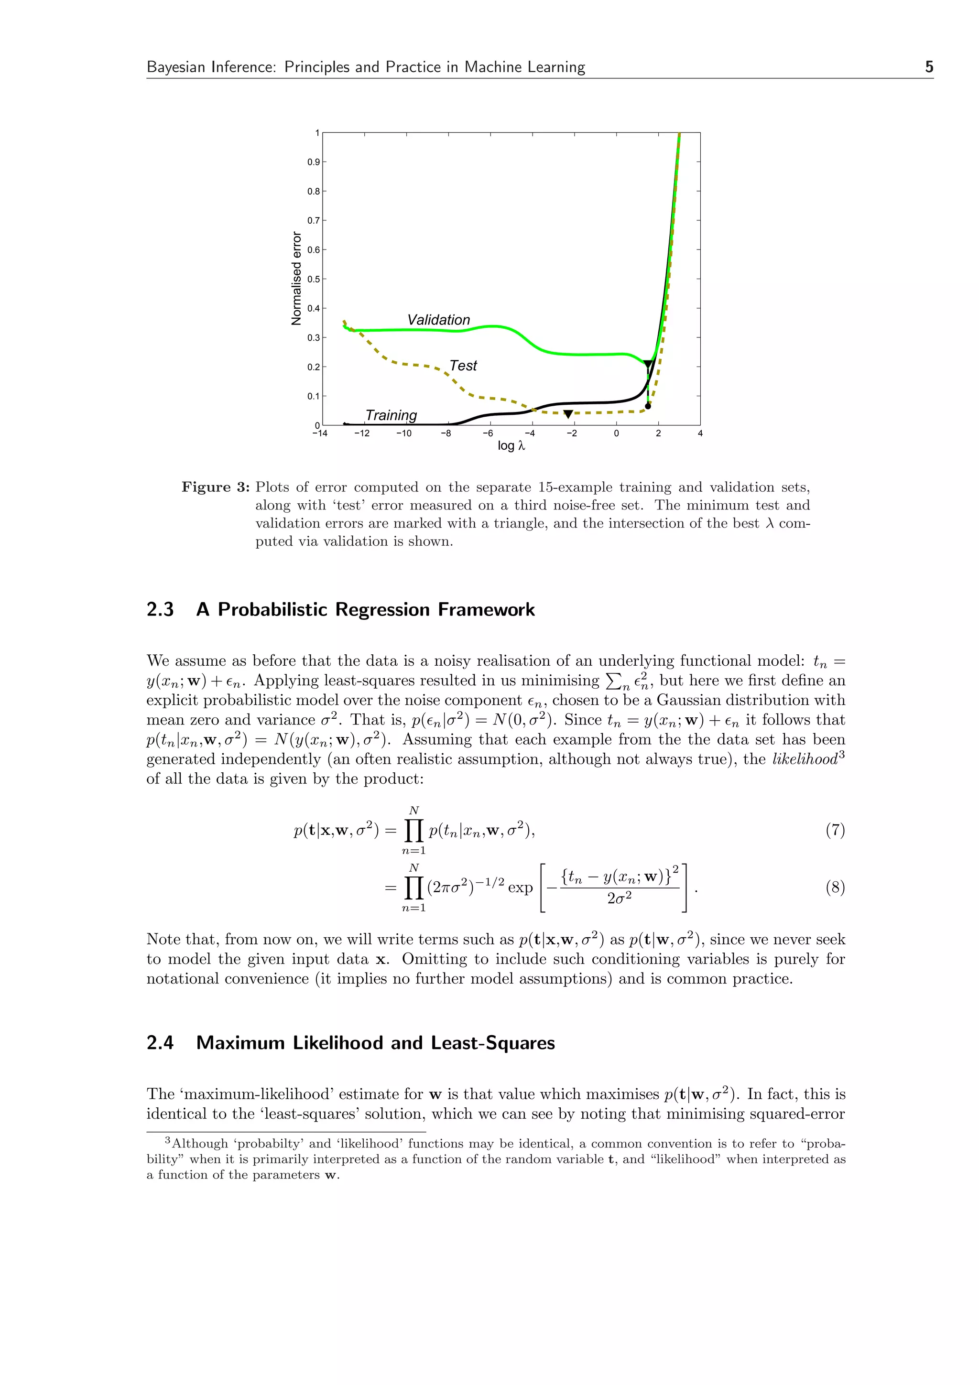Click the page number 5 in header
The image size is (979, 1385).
coord(928,67)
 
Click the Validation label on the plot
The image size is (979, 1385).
coord(438,320)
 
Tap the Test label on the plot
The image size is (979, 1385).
coord(463,366)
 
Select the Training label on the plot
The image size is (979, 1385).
coord(391,415)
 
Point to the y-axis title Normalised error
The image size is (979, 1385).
coord(296,278)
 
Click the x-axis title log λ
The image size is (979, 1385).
coord(511,446)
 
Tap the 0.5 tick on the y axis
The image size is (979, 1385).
coord(313,279)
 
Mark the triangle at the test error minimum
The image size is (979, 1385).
coord(567,414)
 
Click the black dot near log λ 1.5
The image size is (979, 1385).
coord(648,406)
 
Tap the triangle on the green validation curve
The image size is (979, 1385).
coord(648,364)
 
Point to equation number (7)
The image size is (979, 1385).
coord(835,830)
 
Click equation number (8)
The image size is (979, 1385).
coord(835,887)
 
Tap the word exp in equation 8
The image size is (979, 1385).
coord(520,888)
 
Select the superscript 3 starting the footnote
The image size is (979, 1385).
coord(168,1141)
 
